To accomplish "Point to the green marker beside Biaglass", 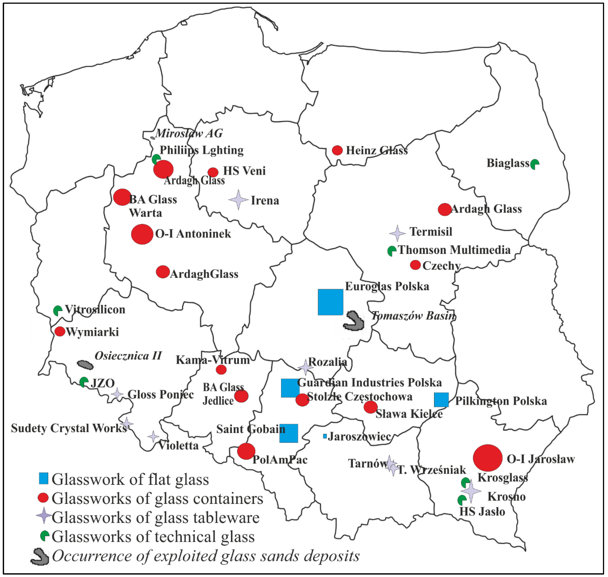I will [x=535, y=164].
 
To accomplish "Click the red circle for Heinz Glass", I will [x=337, y=150].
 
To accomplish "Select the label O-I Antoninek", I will [x=193, y=234].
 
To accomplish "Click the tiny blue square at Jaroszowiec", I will [x=325, y=436].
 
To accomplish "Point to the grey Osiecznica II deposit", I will [x=85, y=365].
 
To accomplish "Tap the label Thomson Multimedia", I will [x=454, y=250].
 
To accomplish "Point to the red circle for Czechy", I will [x=415, y=265].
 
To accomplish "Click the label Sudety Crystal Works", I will [x=69, y=428].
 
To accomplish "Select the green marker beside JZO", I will [x=84, y=382].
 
